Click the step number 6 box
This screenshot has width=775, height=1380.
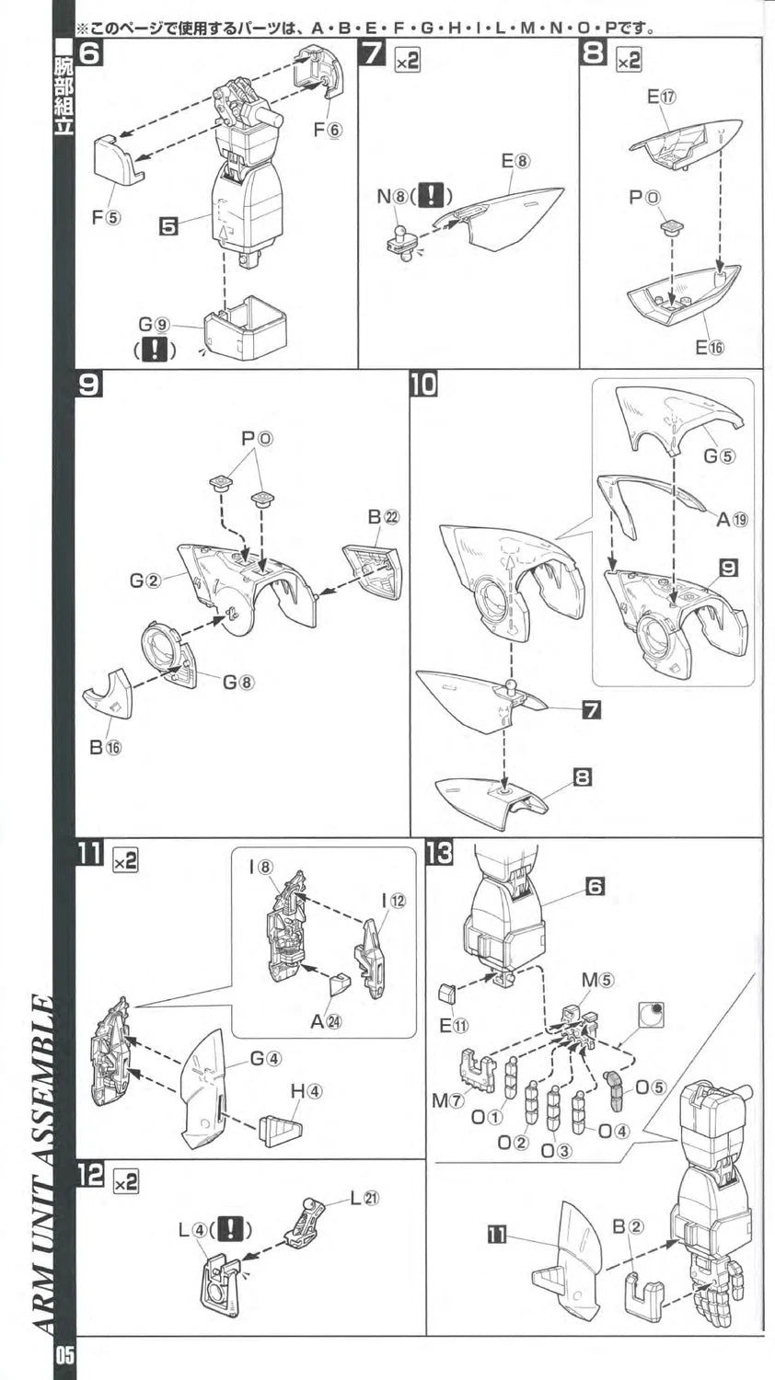[89, 53]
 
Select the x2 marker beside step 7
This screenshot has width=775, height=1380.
[406, 61]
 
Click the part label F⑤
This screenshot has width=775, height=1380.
[106, 218]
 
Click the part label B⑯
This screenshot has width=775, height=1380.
[105, 747]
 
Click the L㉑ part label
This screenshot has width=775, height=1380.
[364, 1198]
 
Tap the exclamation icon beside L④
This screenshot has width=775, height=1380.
[233, 1229]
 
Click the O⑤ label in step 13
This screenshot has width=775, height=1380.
[650, 1087]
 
